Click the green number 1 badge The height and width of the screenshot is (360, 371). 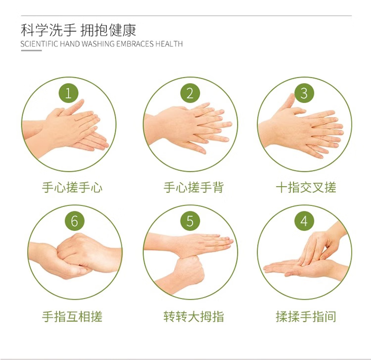click(x=68, y=93)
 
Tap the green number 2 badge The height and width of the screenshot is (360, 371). click(x=190, y=93)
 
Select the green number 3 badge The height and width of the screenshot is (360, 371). click(x=304, y=93)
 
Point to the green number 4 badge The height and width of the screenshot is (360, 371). click(x=304, y=221)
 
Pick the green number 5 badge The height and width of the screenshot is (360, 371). click(x=190, y=221)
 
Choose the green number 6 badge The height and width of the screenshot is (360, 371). click(x=75, y=221)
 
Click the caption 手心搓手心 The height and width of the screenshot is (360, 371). click(x=72, y=188)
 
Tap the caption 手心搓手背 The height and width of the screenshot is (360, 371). click(x=193, y=188)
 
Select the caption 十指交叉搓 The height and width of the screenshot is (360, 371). click(x=306, y=188)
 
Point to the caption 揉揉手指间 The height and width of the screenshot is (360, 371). click(x=306, y=316)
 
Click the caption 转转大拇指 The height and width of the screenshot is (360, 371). click(x=193, y=316)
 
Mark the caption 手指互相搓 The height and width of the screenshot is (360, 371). click(x=72, y=316)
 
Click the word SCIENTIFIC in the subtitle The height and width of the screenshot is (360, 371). click(x=39, y=44)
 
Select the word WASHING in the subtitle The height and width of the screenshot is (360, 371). click(x=98, y=44)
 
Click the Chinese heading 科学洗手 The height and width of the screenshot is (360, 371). click(x=48, y=30)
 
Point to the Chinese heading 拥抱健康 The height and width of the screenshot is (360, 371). click(x=108, y=30)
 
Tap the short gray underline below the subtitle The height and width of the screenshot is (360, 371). click(x=31, y=51)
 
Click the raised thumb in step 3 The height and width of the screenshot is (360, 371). click(x=289, y=101)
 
